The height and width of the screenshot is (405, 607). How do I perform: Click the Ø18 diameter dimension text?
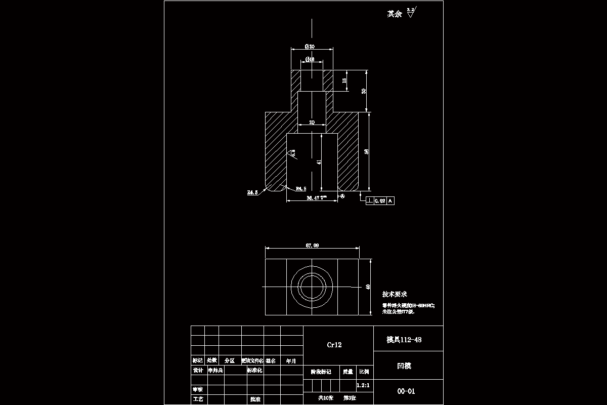point(310,59)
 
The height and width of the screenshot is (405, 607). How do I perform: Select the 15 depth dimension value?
point(345,80)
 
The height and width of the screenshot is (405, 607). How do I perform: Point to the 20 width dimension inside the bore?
point(312,123)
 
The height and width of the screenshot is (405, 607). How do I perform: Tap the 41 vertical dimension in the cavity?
point(319,162)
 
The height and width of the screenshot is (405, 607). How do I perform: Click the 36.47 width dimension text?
point(314,198)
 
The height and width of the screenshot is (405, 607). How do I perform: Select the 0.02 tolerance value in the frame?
point(380,201)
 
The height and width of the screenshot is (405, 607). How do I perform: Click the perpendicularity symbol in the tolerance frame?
point(370,201)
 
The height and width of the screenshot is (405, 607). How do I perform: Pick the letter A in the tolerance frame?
point(390,201)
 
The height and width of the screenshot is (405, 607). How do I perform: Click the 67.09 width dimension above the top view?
point(312,246)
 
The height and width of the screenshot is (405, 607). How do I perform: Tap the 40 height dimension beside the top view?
point(368,287)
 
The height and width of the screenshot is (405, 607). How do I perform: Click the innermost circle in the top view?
point(312,287)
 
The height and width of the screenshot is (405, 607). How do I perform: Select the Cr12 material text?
point(334,345)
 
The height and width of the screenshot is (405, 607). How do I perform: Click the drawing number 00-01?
point(406,391)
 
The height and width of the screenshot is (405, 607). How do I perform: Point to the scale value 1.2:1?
point(363,385)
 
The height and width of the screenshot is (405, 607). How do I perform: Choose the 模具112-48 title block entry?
point(404,340)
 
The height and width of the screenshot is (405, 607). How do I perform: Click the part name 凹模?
point(405,366)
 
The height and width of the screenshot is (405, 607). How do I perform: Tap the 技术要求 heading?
point(395,294)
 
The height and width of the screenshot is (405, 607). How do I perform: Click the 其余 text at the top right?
point(394,14)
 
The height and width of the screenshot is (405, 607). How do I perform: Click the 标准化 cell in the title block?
point(254,371)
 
